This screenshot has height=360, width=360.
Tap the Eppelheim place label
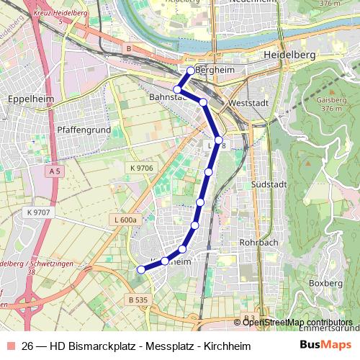(x=27, y=99)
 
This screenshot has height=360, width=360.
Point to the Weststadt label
(x=247, y=104)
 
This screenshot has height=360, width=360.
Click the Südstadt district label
(x=269, y=184)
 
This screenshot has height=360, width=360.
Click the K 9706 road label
(x=142, y=168)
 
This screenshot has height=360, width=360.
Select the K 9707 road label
(x=37, y=212)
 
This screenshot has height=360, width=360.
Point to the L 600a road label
(x=125, y=220)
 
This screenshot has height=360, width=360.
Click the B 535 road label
(x=139, y=298)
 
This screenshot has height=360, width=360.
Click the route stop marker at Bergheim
(x=191, y=71)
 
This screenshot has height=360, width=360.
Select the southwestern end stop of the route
(x=141, y=269)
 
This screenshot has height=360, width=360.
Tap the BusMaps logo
(x=325, y=345)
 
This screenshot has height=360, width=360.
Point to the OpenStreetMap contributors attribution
(x=297, y=322)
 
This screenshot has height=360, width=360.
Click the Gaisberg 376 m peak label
(x=333, y=104)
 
